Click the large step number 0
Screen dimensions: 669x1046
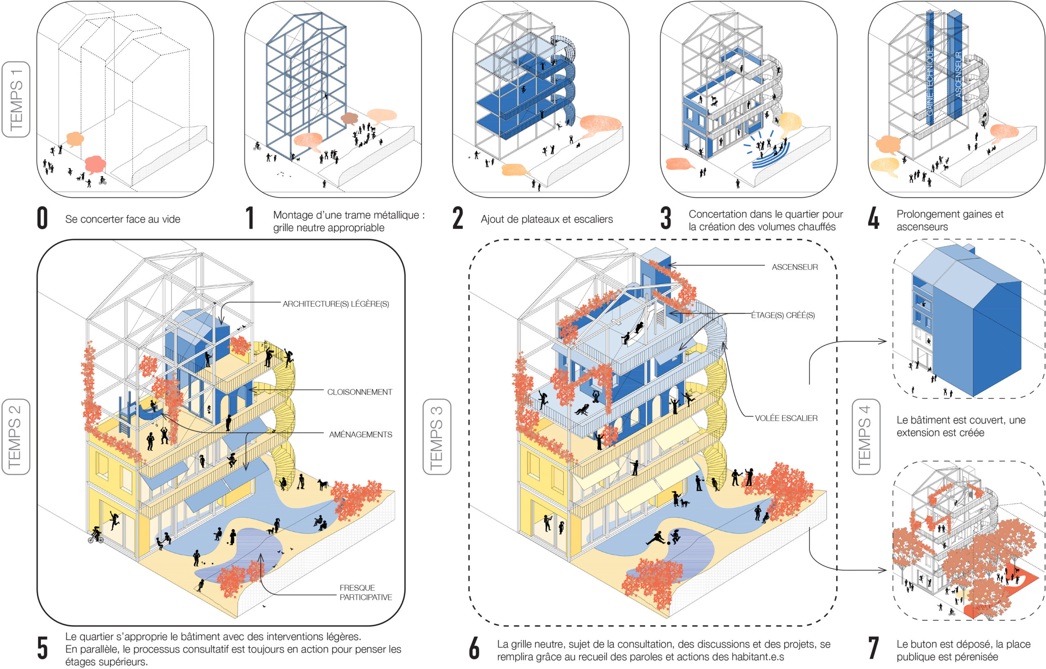(42, 218)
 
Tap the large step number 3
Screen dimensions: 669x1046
(666, 218)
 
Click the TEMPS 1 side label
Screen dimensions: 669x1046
(16, 99)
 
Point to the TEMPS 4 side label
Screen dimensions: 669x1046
(866, 436)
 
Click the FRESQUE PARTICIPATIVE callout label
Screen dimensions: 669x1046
(365, 592)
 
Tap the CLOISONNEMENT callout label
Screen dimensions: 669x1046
(359, 392)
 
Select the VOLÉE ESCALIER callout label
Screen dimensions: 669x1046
(786, 418)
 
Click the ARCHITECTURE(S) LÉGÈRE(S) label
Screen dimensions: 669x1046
(335, 304)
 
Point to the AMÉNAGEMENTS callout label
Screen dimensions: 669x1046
(360, 434)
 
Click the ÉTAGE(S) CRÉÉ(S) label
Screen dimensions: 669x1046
(783, 315)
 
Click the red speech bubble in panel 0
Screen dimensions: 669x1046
(95, 164)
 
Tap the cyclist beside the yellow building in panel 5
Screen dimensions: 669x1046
(96, 535)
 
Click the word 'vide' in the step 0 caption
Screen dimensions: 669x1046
(171, 219)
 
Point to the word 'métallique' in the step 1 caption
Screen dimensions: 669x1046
(397, 215)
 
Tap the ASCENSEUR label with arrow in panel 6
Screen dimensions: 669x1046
(794, 267)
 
